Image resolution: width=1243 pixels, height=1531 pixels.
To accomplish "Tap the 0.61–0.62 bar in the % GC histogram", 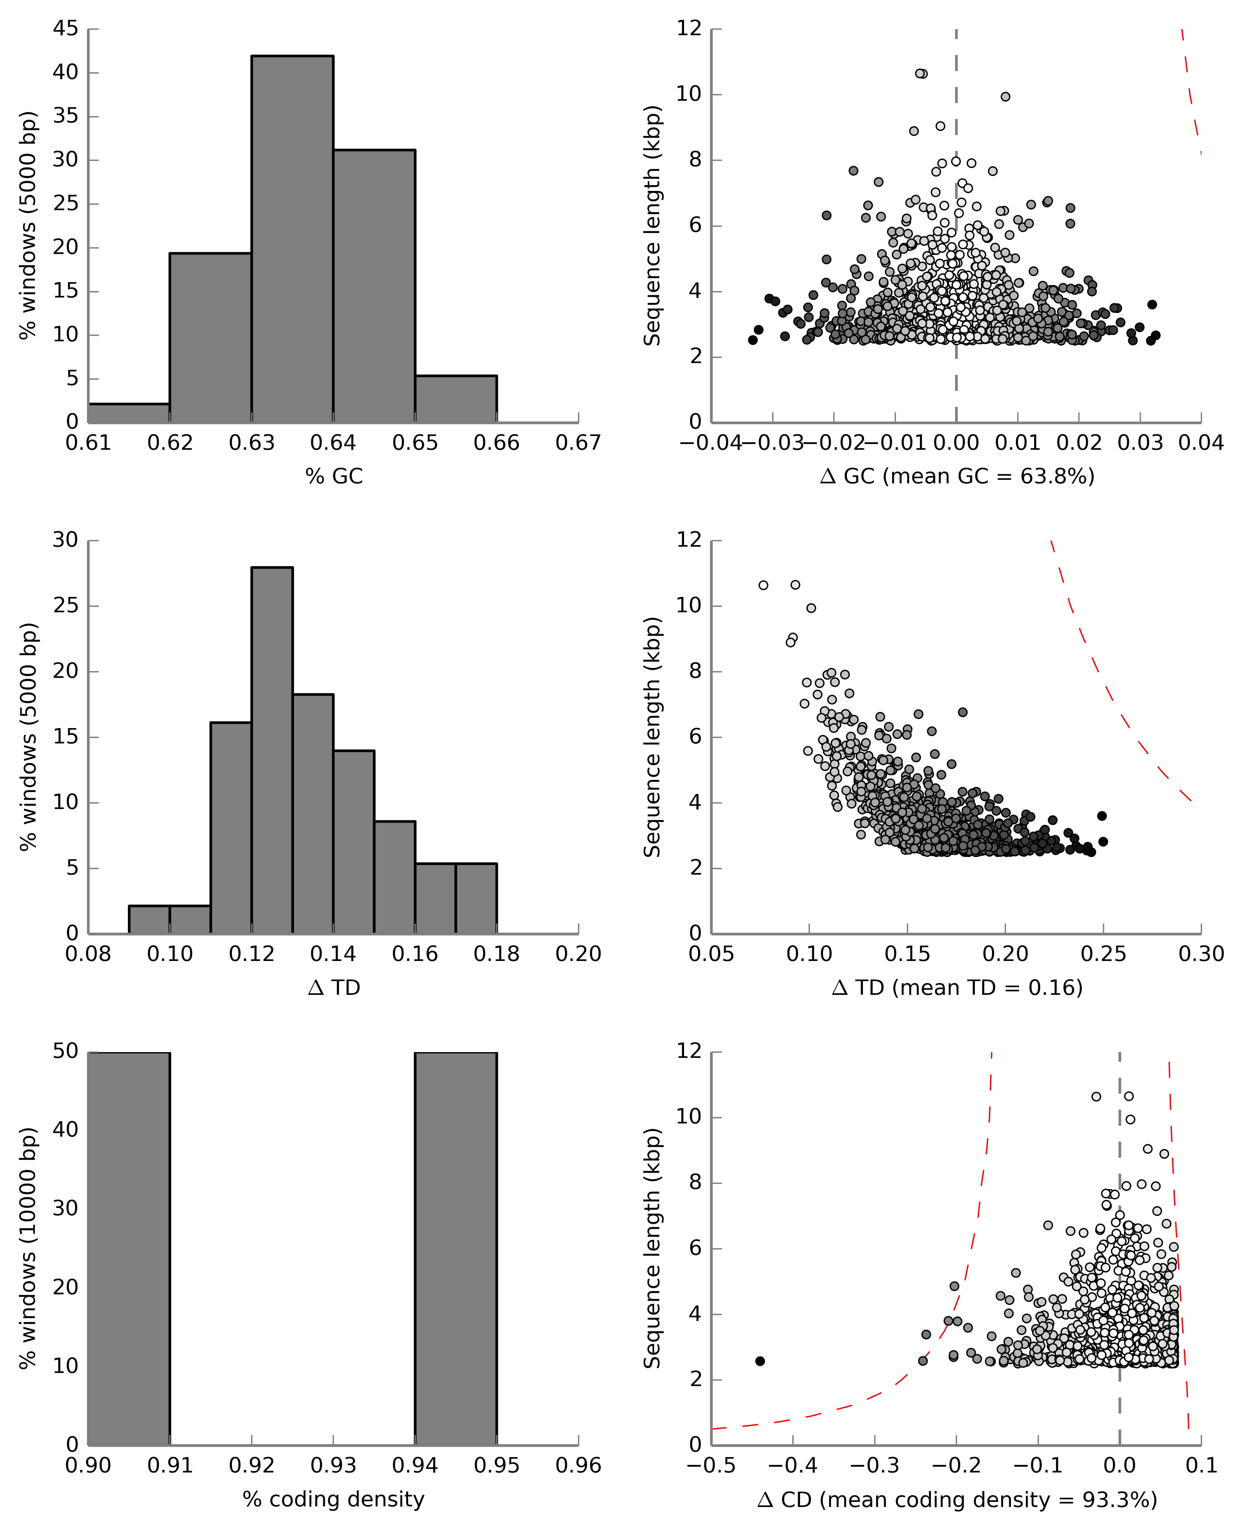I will coord(129,413).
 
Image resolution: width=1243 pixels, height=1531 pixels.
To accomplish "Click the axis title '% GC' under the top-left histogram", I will coord(334,476).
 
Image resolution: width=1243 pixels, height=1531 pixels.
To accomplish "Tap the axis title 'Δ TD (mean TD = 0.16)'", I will coord(957,988).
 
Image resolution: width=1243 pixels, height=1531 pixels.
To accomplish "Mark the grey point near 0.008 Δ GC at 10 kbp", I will coord(1005,97).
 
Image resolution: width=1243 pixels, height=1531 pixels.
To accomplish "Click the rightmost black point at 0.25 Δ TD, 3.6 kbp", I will coord(1102,816).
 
